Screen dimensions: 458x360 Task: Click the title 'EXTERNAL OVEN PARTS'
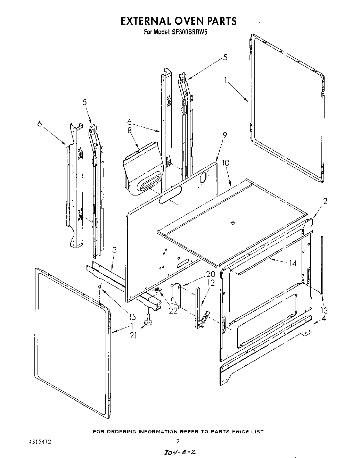(x=178, y=21)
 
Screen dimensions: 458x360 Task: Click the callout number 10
(x=225, y=163)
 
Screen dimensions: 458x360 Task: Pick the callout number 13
(x=324, y=310)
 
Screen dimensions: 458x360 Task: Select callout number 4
(x=324, y=317)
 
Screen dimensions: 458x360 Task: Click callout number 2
(x=325, y=201)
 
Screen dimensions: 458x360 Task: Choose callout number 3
(x=114, y=250)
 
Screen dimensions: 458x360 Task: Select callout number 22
(x=173, y=310)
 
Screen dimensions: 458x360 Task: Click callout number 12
(x=211, y=283)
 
